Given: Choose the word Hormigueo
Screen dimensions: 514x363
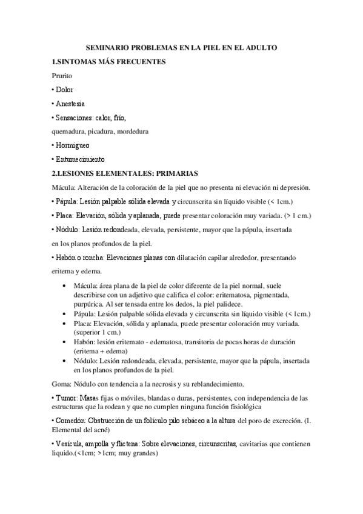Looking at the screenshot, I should (x=73, y=145).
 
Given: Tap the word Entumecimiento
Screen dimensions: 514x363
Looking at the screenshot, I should (x=81, y=159).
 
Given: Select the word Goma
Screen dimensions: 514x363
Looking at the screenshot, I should (x=61, y=384).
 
